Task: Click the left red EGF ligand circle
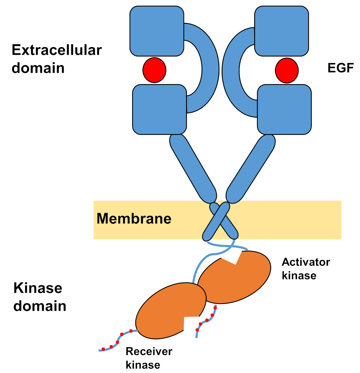tap(154, 70)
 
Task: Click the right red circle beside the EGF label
tap(287, 70)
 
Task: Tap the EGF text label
tap(341, 68)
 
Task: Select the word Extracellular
tap(57, 50)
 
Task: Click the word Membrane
tap(134, 218)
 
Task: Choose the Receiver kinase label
tap(149, 358)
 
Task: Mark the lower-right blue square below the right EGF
tap(284, 109)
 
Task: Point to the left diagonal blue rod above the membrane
tap(193, 168)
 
